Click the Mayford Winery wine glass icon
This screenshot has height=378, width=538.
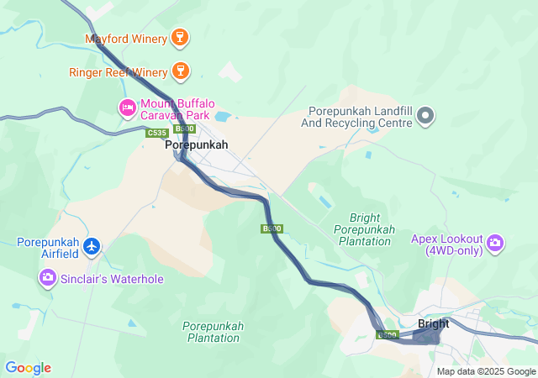click(178, 38)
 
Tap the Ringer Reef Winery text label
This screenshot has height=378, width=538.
click(118, 72)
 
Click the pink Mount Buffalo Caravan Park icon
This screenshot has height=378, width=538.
click(127, 107)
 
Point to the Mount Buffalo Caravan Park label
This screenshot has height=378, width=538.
click(177, 108)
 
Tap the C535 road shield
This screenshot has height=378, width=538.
click(156, 133)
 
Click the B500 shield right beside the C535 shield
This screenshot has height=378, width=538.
click(184, 129)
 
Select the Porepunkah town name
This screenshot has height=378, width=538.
click(197, 145)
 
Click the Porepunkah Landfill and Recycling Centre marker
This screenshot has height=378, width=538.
click(426, 116)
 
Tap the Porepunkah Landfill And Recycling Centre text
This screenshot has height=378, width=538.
click(359, 117)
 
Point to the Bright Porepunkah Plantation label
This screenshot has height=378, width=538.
click(363, 229)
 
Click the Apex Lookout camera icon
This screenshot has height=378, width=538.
click(495, 243)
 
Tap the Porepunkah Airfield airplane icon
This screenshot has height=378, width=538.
click(92, 247)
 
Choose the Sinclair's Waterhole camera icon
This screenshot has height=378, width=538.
click(47, 277)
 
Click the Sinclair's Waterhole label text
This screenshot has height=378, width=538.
click(111, 279)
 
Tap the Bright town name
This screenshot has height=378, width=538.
click(433, 323)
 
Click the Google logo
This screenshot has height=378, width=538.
click(28, 368)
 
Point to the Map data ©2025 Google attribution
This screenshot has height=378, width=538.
click(485, 371)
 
